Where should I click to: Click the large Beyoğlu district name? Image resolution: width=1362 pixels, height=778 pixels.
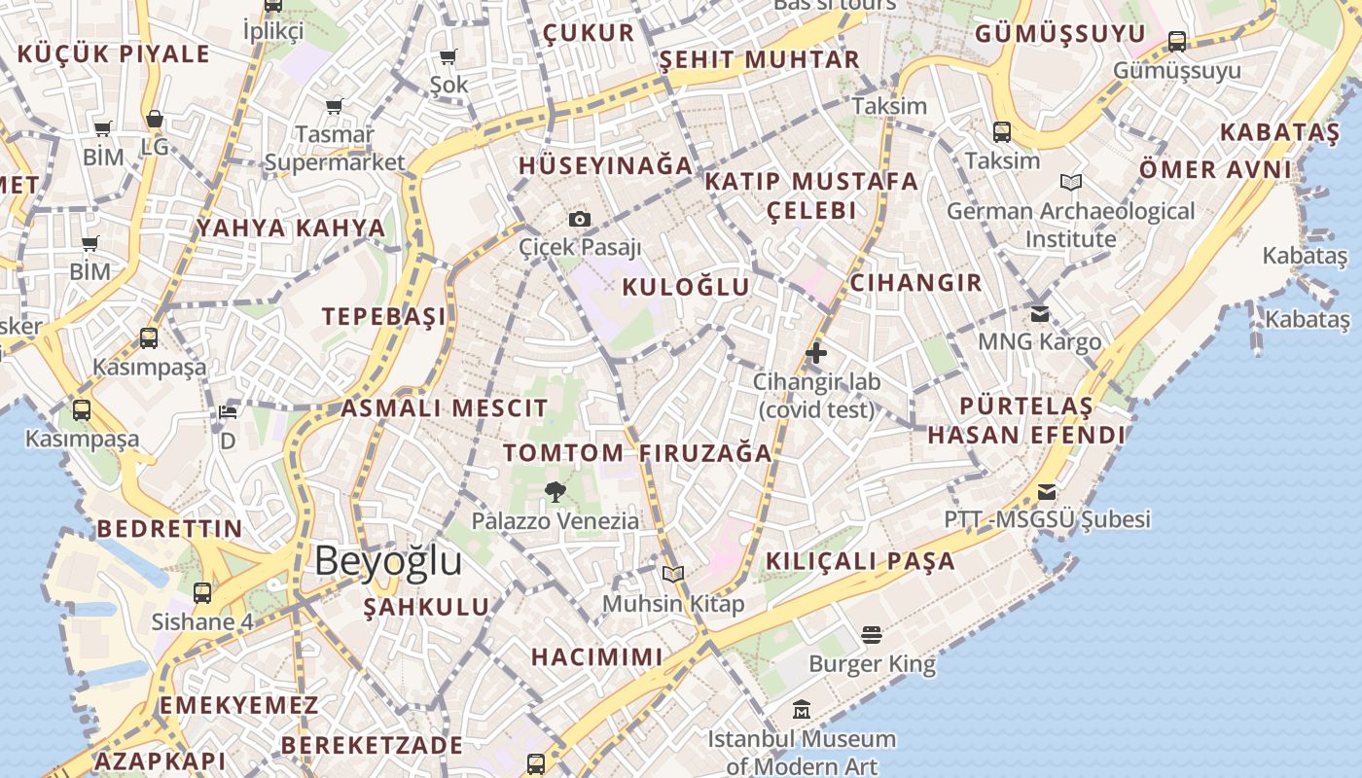(x=388, y=562)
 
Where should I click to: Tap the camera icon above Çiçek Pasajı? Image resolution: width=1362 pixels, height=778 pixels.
(x=580, y=219)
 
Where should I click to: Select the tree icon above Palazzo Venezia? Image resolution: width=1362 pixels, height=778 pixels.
(x=556, y=492)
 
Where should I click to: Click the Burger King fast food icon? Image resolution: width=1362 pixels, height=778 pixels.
(x=872, y=635)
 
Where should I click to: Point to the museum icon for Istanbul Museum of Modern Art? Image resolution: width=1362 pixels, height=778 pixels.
(x=801, y=710)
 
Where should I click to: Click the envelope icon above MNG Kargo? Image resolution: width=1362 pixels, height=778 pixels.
(x=1040, y=313)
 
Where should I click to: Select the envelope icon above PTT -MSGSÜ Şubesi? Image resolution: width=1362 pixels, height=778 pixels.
(x=1047, y=491)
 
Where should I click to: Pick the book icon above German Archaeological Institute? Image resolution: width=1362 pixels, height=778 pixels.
(x=1071, y=182)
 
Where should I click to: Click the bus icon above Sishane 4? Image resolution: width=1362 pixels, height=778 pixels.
(x=202, y=592)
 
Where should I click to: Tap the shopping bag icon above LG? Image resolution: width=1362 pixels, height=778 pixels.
(x=155, y=120)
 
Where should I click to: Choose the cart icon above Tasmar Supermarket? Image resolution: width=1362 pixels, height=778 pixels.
(x=334, y=106)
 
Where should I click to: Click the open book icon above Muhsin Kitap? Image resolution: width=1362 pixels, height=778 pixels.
(x=673, y=574)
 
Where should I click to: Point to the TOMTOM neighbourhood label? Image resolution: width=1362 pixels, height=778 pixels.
(x=563, y=452)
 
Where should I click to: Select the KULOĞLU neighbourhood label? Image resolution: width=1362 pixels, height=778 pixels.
(x=686, y=287)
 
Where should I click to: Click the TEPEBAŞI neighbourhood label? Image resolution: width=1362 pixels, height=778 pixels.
(x=384, y=316)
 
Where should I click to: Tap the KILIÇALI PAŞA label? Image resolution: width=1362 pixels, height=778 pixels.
(x=860, y=561)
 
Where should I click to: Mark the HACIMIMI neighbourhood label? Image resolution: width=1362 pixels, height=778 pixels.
(x=596, y=656)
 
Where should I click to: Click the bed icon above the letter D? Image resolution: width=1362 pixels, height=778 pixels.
(x=228, y=412)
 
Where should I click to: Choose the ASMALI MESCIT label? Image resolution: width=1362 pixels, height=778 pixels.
(x=444, y=407)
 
